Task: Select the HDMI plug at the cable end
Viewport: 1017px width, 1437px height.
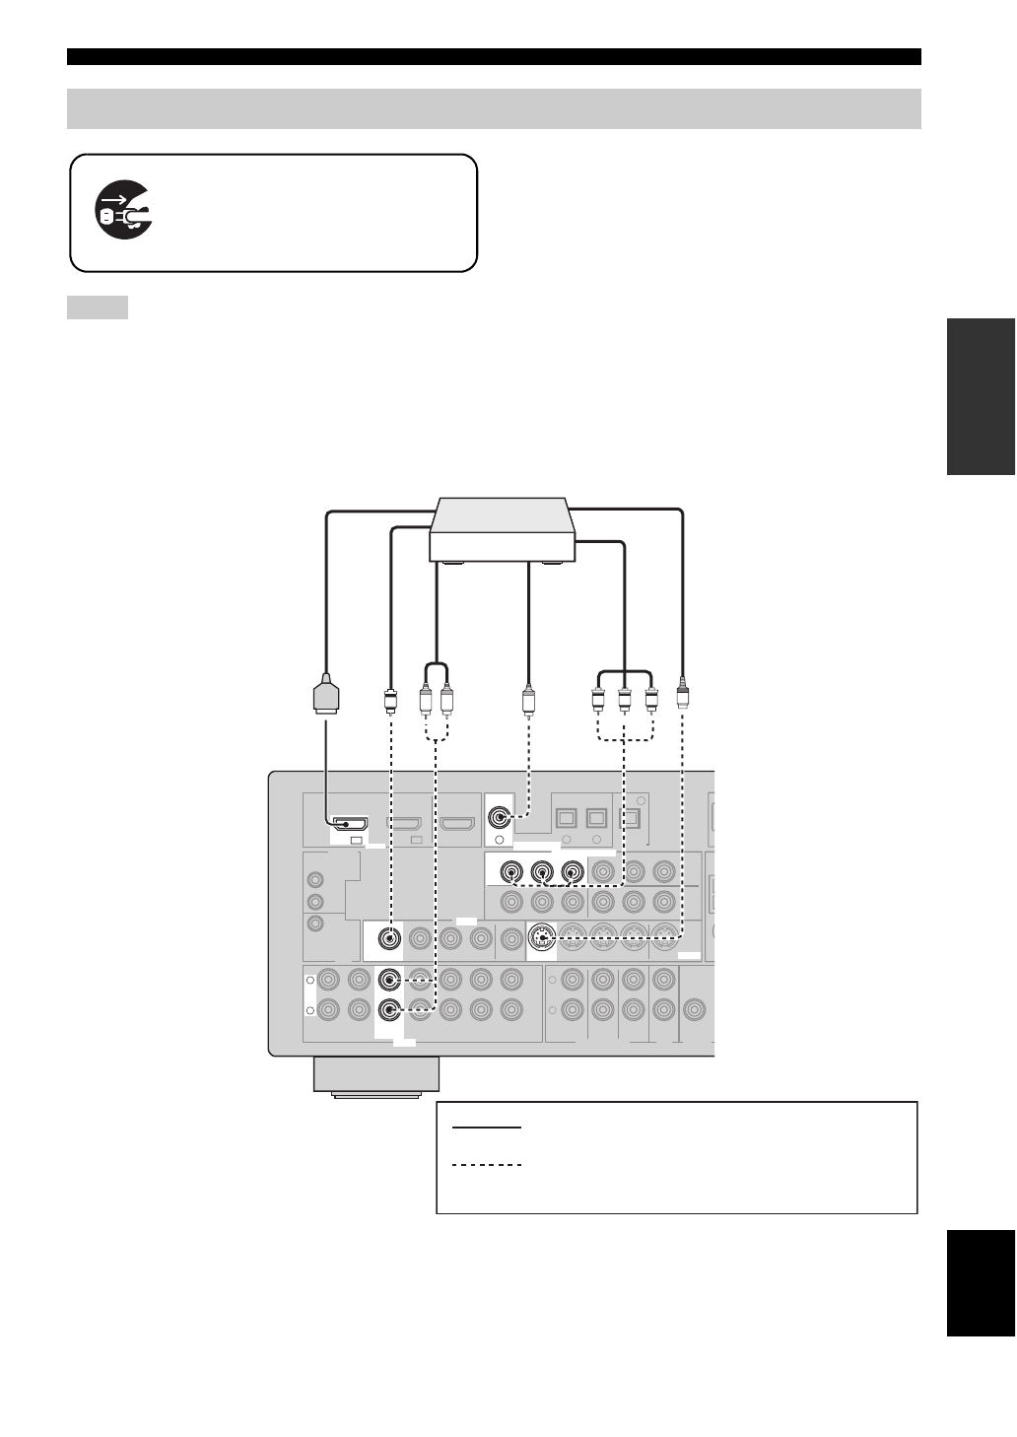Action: pyautogui.click(x=326, y=694)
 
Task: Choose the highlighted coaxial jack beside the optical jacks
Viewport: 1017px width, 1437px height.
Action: pyautogui.click(x=501, y=817)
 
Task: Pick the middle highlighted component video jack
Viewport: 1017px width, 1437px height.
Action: pyautogui.click(x=541, y=872)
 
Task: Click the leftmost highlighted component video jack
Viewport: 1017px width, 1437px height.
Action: pyautogui.click(x=511, y=872)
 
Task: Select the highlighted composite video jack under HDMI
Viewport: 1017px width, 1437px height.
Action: pyautogui.click(x=391, y=938)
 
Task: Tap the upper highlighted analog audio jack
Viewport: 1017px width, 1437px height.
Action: pyautogui.click(x=390, y=981)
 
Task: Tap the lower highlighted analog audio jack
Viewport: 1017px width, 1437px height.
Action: pyautogui.click(x=390, y=1011)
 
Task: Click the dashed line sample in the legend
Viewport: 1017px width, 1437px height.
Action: pyautogui.click(x=486, y=1165)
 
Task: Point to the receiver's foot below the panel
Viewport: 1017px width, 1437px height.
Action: pyautogui.click(x=376, y=1075)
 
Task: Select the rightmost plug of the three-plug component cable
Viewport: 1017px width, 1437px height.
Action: pyautogui.click(x=651, y=702)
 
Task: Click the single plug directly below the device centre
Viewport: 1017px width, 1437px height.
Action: pyautogui.click(x=528, y=702)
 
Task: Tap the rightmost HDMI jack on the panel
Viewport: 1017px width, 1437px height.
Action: pyautogui.click(x=457, y=823)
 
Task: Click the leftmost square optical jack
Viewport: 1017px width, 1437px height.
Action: pyautogui.click(x=567, y=818)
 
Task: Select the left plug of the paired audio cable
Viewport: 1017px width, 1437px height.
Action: pyautogui.click(x=426, y=702)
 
